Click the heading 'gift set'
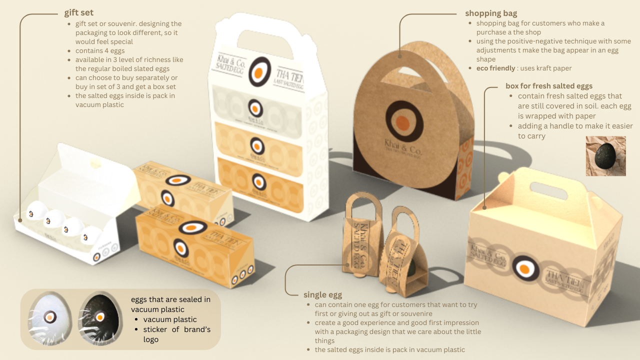click(79, 12)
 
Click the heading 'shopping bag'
click(491, 13)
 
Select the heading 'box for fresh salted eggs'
click(549, 86)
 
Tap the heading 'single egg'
click(322, 294)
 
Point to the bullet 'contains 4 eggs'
click(100, 50)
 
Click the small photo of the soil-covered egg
click(605, 156)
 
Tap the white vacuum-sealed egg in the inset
click(49, 316)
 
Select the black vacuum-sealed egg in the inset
click(99, 316)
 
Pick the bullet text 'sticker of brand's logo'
click(176, 334)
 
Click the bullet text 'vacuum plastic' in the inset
click(170, 319)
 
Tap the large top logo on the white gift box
click(259, 72)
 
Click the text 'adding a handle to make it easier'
click(575, 126)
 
